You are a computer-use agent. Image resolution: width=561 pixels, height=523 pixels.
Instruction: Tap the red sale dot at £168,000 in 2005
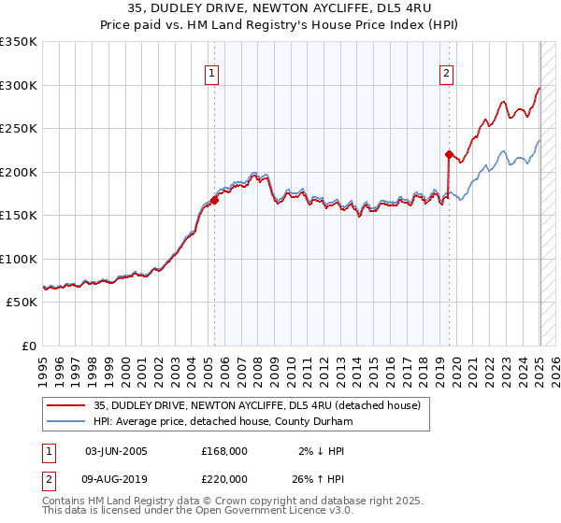[214, 199]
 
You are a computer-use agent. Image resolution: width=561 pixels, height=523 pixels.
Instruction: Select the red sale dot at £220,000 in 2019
[449, 154]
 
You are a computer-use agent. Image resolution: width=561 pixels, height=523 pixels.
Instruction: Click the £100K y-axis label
[18, 259]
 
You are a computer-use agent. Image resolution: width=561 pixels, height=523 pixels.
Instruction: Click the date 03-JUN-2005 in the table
[116, 451]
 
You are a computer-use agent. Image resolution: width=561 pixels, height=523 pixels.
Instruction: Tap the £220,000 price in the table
[224, 478]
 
